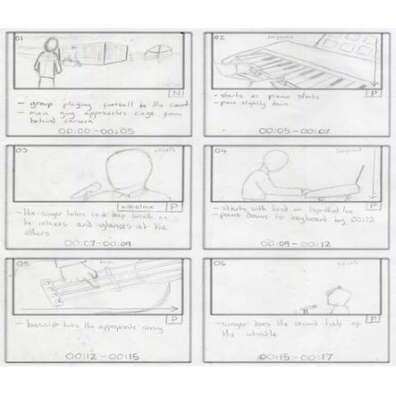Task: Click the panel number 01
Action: coord(20,38)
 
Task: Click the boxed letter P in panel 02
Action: coord(371,92)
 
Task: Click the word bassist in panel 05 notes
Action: coord(44,317)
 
